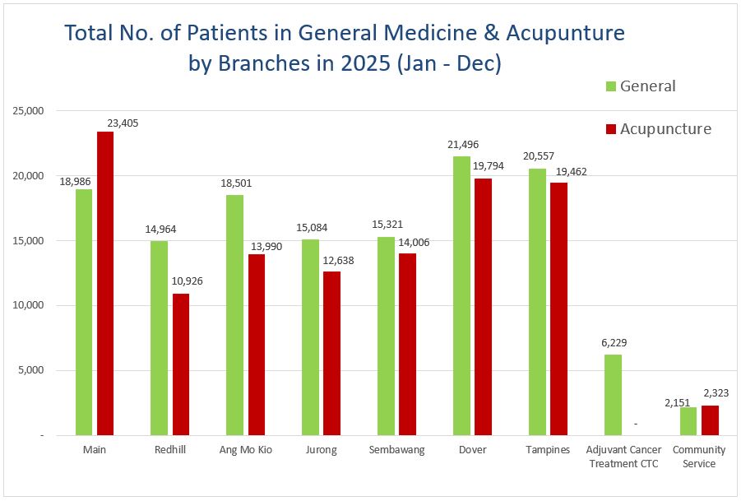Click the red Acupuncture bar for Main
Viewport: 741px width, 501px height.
105,283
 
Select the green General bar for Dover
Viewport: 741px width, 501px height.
462,295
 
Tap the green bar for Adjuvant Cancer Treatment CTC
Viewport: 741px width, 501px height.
614,394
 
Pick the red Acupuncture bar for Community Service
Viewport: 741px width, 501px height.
711,420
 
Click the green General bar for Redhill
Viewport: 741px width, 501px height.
160,337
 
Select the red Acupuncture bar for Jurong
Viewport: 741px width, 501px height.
332,353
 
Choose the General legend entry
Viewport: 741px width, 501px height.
641,86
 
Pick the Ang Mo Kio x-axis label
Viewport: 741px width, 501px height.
245,450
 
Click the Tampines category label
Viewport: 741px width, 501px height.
548,450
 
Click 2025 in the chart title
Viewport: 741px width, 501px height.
356,63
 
